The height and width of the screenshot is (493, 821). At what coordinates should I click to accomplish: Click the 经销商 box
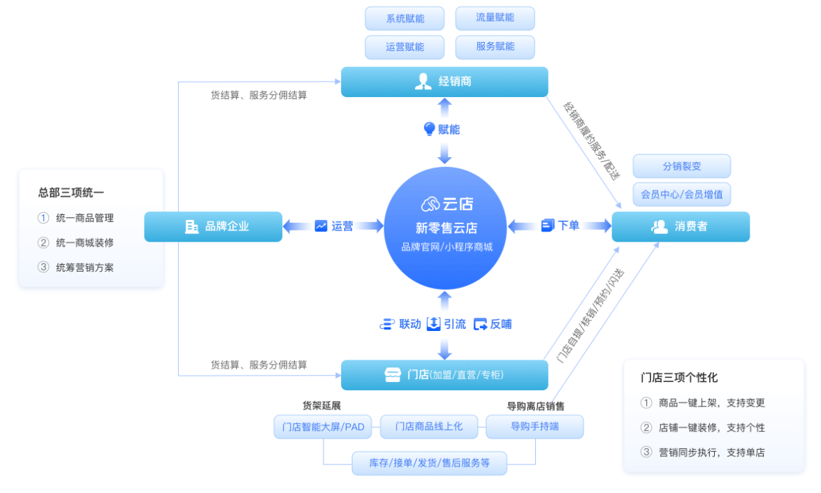pos(444,82)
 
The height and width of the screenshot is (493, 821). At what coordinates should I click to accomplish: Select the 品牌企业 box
pos(213,226)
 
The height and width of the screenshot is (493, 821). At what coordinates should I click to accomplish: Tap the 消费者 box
pos(681,227)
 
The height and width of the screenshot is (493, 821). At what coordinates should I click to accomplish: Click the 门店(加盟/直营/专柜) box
pos(444,375)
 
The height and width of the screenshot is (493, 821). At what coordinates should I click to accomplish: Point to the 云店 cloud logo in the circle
pos(430,204)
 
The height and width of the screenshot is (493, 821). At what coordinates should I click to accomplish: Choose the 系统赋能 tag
pos(405,19)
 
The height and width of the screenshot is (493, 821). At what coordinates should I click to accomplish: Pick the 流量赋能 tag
pos(495,18)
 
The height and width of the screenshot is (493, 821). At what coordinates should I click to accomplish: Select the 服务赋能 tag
pos(495,47)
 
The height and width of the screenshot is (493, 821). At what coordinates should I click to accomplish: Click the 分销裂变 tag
pos(681,166)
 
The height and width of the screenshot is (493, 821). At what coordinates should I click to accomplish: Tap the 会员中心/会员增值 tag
pos(681,194)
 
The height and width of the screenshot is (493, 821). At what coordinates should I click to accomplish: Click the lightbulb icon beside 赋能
pos(430,129)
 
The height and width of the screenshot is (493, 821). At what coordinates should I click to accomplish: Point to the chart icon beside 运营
pos(321,226)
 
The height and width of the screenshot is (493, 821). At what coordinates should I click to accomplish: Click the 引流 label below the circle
pos(454,324)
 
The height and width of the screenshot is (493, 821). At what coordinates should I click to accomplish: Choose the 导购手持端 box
pos(535,427)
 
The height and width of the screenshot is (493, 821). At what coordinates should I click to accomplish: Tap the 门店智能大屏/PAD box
pos(323,427)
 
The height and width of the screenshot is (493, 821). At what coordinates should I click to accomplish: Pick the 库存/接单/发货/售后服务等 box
pos(429,463)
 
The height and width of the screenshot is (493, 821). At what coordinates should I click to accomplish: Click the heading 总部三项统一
pos(71,193)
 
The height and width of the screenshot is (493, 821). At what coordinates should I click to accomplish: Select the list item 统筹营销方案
pos(85,267)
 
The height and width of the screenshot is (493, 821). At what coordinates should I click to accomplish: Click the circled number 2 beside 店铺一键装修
pos(646,427)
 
